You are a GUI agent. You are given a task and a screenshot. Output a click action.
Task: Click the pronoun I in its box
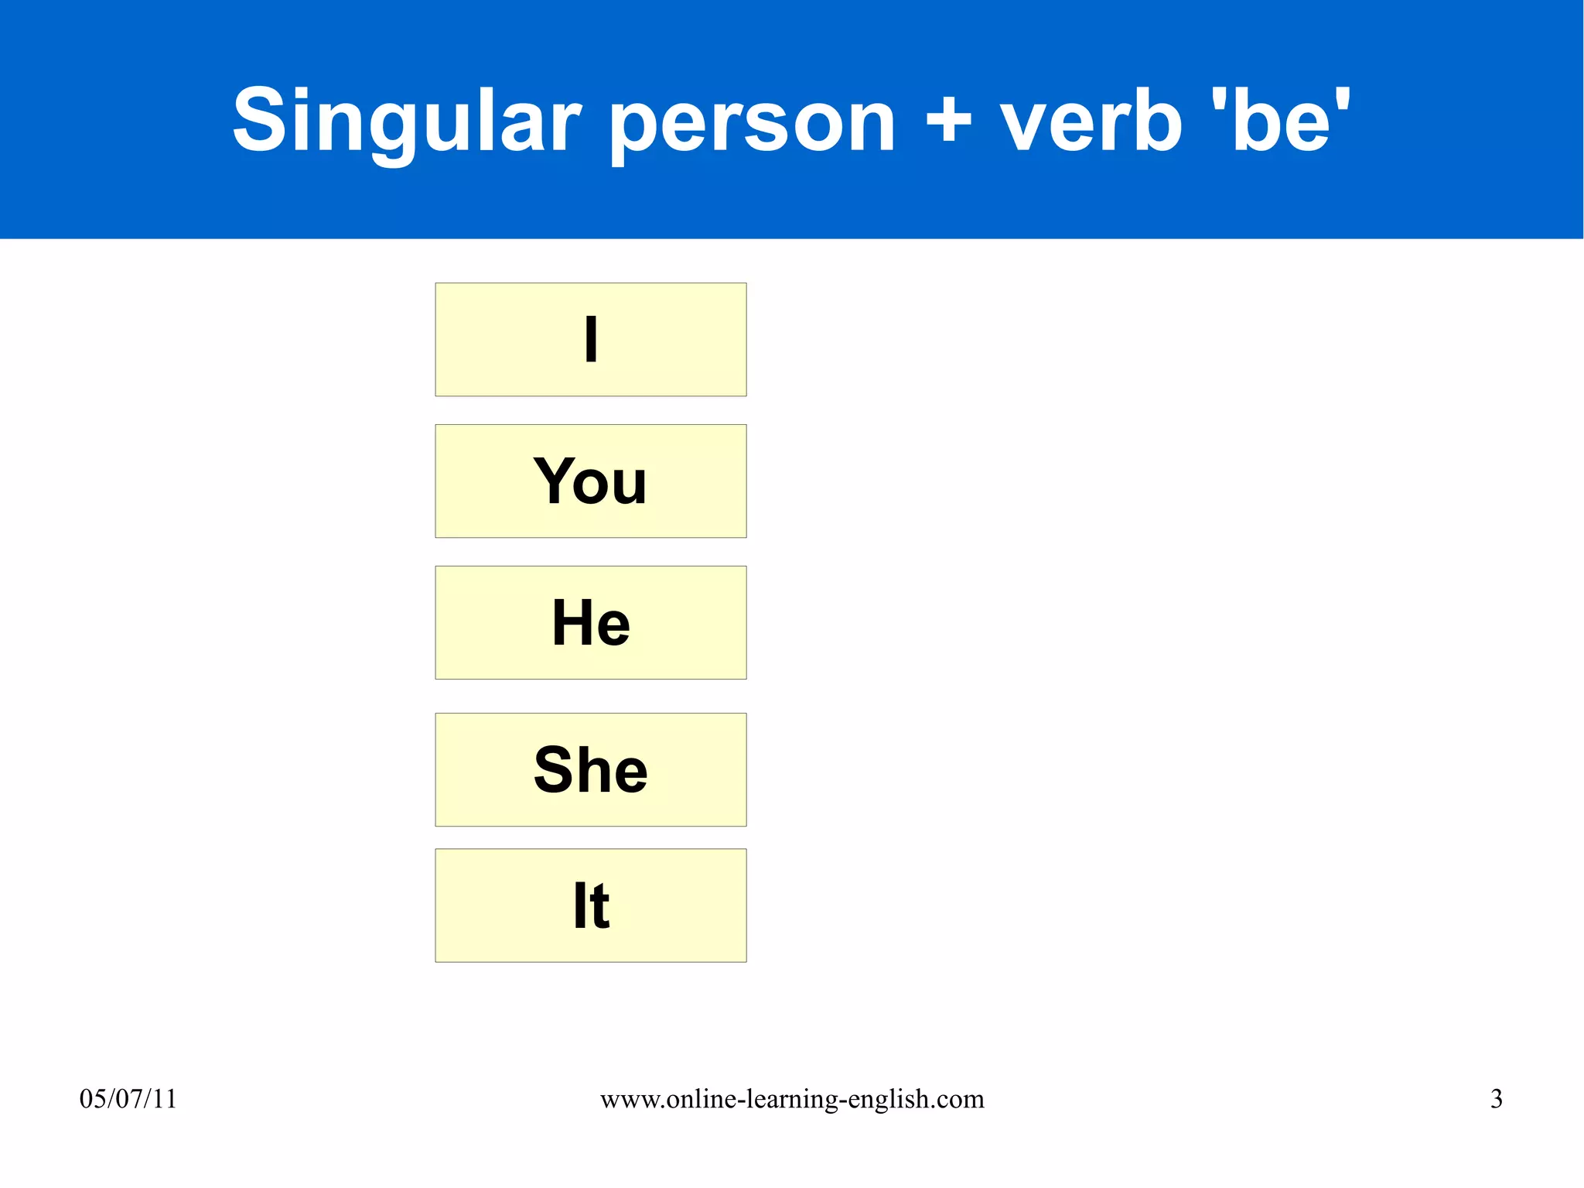pyautogui.click(x=591, y=339)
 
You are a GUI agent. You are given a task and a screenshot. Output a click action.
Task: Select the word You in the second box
pyautogui.click(x=590, y=481)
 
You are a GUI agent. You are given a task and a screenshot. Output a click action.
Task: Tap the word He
pyautogui.click(x=591, y=623)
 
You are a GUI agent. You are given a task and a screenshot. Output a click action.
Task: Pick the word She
pyautogui.click(x=590, y=770)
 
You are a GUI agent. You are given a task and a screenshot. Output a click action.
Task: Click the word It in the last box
pyautogui.click(x=591, y=906)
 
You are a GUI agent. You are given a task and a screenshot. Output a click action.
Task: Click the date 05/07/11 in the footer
pyautogui.click(x=128, y=1099)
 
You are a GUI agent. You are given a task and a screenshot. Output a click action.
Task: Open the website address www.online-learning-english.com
pyautogui.click(x=792, y=1099)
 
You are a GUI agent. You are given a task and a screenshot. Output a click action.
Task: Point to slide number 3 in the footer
pyautogui.click(x=1496, y=1099)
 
